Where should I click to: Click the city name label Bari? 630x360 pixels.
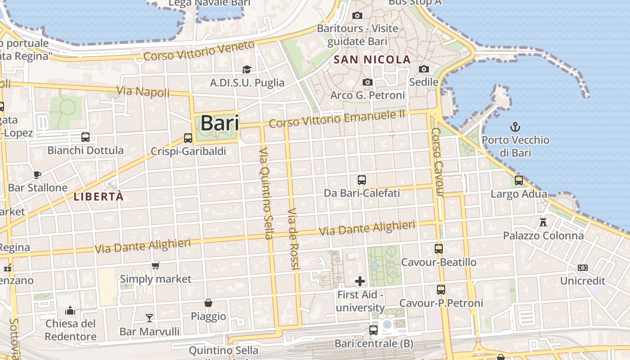point(219,123)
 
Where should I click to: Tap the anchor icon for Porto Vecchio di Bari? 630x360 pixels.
point(515,126)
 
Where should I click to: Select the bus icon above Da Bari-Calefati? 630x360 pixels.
point(361,180)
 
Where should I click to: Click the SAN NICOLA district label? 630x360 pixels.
point(372,59)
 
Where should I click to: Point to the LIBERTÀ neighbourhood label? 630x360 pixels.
point(99,197)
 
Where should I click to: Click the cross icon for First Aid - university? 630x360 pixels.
point(360,281)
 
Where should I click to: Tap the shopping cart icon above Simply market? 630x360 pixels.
point(156,265)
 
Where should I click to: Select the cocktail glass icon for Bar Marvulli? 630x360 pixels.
point(149,318)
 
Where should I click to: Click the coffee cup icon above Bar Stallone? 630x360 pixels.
point(37,175)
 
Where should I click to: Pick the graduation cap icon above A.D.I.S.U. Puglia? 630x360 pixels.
point(247,69)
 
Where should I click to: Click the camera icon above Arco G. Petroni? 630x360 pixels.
point(368,82)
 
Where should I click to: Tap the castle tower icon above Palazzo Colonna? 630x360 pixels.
point(543,222)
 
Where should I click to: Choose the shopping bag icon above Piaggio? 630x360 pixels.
point(208,303)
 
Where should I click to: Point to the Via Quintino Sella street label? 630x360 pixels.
point(266,193)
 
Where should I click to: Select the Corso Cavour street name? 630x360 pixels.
point(437,162)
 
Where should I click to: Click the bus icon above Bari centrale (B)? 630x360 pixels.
point(373,330)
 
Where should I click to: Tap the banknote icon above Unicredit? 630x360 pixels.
point(583,268)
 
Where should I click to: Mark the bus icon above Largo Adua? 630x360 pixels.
point(519,180)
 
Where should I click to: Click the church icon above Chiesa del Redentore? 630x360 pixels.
point(70,310)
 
